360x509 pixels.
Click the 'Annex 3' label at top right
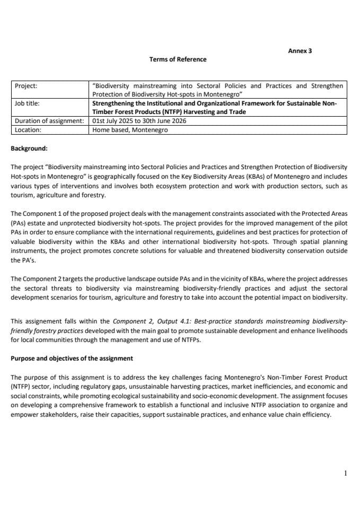coord(300,51)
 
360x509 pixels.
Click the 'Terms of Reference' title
coord(178,59)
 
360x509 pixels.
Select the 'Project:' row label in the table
coord(26,85)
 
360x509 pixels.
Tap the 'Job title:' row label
coord(27,103)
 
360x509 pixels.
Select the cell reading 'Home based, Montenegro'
coord(130,129)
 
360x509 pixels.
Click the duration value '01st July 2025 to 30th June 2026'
coord(139,121)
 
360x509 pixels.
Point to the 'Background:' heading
coord(29,148)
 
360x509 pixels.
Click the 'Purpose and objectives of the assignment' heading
coord(72,358)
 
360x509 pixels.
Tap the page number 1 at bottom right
coord(345,473)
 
